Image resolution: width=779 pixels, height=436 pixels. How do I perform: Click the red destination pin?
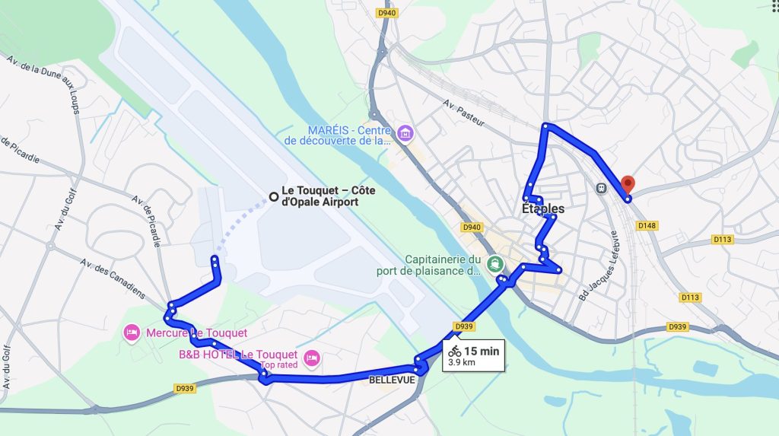[x=628, y=185]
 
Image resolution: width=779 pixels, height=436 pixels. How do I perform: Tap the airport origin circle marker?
[x=273, y=197]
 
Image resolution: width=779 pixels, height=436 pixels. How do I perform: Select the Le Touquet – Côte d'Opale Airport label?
[x=319, y=196]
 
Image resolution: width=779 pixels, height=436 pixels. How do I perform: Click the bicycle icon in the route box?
[x=454, y=351]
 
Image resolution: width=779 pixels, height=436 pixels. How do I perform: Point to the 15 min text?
[x=482, y=351]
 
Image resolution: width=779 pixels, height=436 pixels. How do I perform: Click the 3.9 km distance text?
[x=461, y=363]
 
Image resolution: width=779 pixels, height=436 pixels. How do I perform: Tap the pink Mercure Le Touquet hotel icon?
[x=132, y=333]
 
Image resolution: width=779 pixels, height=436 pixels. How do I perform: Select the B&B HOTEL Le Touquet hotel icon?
[x=310, y=357]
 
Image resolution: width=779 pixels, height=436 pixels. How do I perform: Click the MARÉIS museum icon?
[x=405, y=135]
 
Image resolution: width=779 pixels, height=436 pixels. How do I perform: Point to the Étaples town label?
[x=544, y=208]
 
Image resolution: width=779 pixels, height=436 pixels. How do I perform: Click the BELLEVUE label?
[x=393, y=379]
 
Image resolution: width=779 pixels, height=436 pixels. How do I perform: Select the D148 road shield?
[x=647, y=225]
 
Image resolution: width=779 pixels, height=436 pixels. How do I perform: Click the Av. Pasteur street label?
[x=463, y=112]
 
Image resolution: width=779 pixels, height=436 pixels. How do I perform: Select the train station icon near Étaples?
[x=603, y=187]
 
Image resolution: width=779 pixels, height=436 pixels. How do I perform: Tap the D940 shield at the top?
[x=387, y=12]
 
